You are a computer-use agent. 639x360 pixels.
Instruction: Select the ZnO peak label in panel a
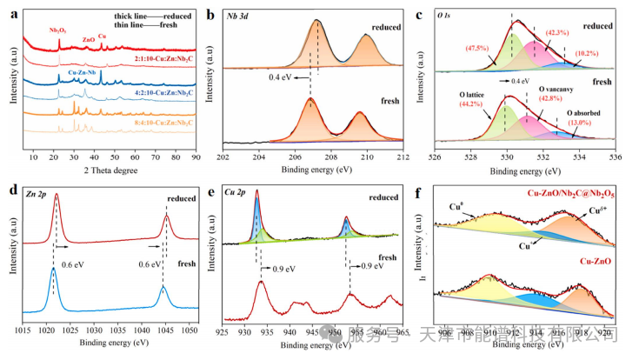89,39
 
